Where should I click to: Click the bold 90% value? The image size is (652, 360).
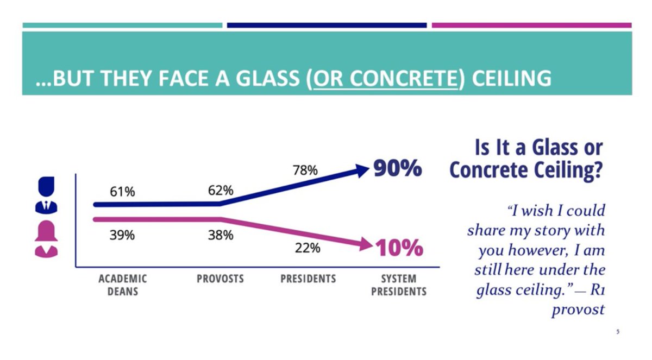point(398,169)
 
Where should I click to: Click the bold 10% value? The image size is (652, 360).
point(399,248)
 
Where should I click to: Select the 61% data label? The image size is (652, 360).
point(122,192)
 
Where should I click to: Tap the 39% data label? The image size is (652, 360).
point(122,235)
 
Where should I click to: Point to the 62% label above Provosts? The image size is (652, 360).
point(221,191)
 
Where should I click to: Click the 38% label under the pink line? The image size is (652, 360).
point(221,235)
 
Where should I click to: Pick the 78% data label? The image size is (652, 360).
point(305,170)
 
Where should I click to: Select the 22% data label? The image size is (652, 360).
point(308,248)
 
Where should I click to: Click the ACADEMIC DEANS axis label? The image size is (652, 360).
point(123,285)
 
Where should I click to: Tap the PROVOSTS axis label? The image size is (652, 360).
point(220,279)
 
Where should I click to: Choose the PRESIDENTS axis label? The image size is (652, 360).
point(308,279)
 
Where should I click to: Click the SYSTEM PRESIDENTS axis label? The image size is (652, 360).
point(399,285)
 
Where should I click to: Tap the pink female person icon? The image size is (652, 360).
point(46,239)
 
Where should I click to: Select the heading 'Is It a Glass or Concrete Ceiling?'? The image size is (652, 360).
point(526,159)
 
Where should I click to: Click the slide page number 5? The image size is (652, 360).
point(618,332)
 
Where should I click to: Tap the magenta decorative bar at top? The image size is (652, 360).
point(531,25)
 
